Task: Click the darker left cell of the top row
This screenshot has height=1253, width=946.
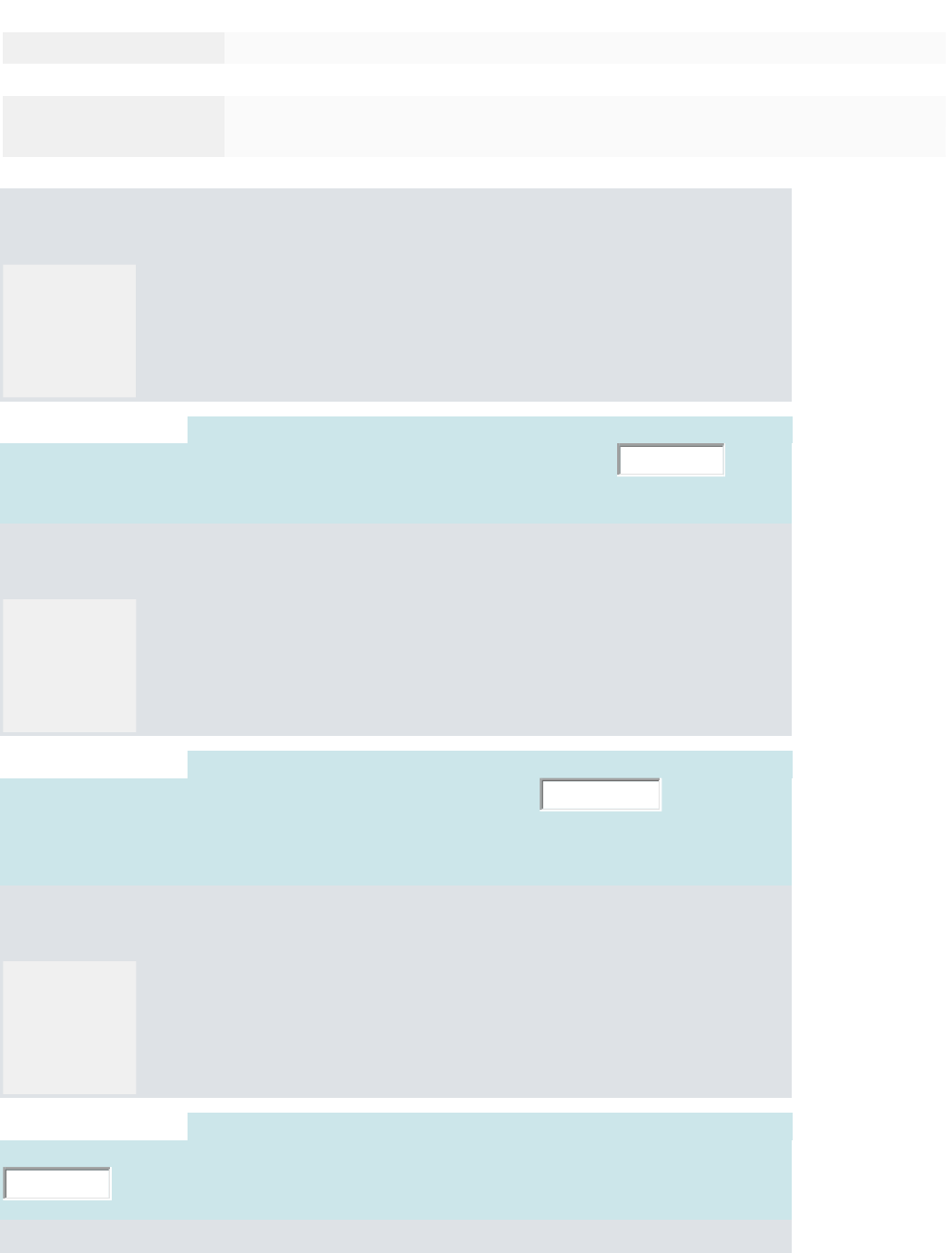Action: pos(113,48)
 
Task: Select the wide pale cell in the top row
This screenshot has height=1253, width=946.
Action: pos(584,48)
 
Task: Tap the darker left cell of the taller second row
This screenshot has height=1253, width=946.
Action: pos(113,126)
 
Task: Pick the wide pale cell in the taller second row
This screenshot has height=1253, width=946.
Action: pos(584,126)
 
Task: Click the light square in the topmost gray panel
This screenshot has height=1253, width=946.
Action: pos(69,331)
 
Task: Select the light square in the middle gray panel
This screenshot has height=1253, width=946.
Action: pos(69,665)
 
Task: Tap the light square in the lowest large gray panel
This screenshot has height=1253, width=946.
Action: pos(69,1027)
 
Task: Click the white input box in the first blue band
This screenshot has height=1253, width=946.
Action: pos(671,460)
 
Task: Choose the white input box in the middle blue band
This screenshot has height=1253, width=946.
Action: pos(600,794)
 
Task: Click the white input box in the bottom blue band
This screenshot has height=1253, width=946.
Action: pos(57,1183)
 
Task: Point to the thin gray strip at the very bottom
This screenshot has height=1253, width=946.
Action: pos(395,1237)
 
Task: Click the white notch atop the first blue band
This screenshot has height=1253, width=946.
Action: pos(93,429)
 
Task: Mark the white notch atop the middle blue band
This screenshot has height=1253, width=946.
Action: pos(93,764)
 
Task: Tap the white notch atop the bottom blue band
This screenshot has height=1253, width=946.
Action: pos(93,1126)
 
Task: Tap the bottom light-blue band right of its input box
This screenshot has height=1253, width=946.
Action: pos(443,1183)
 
